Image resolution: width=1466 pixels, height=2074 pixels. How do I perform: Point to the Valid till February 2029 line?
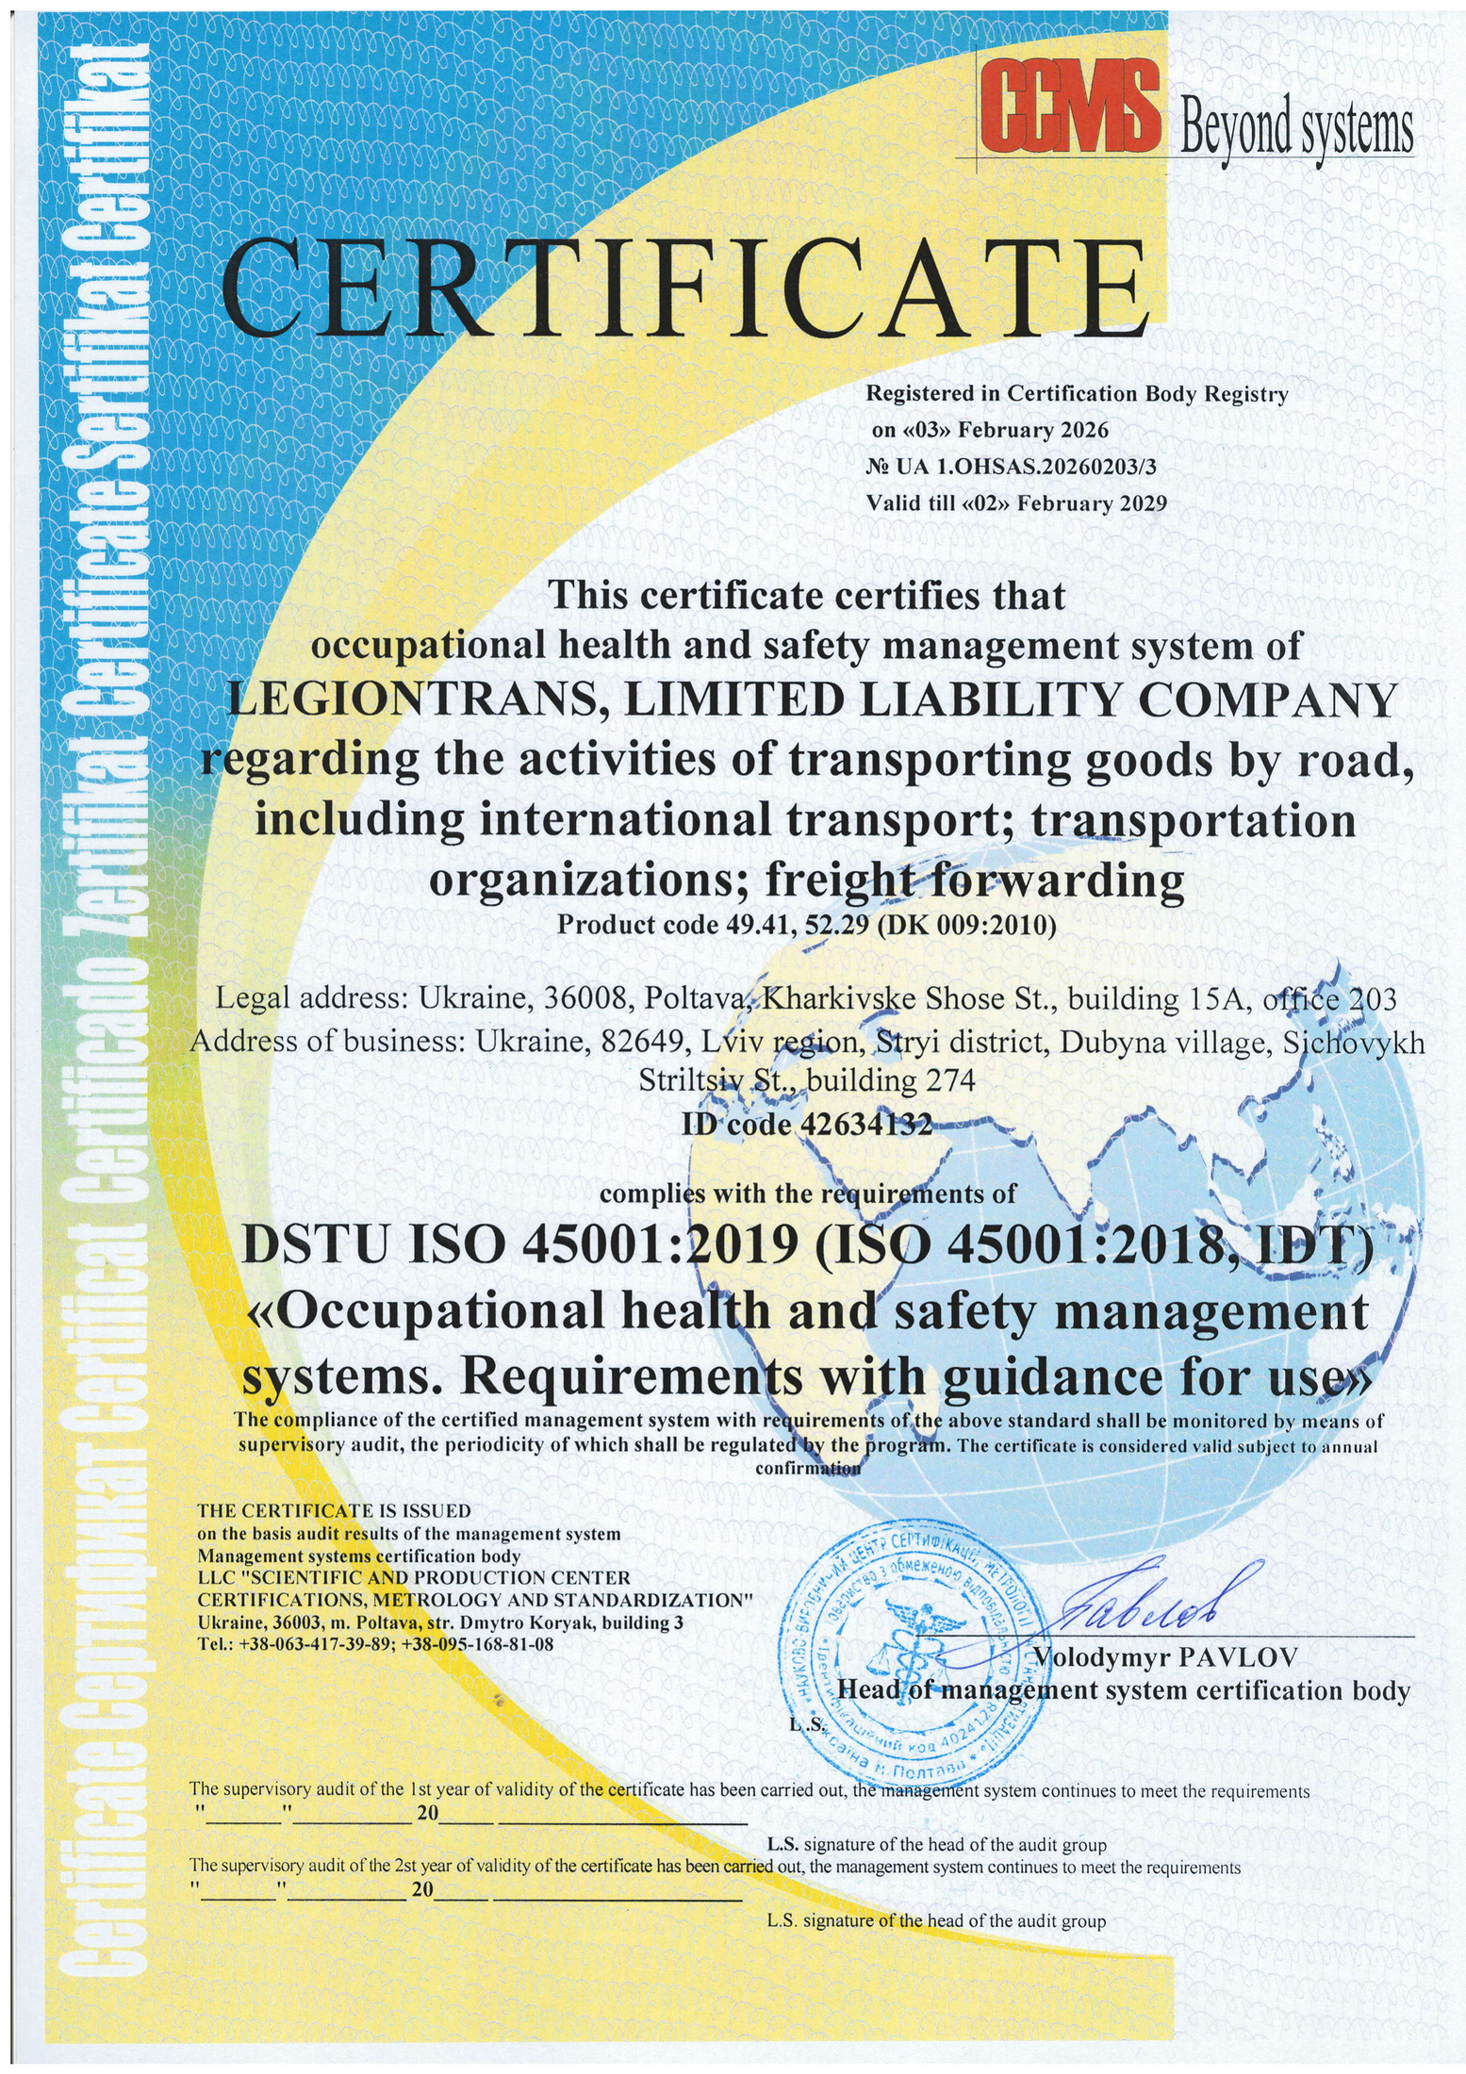tap(1015, 502)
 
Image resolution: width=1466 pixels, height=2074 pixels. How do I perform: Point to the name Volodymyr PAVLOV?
tap(1165, 1656)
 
